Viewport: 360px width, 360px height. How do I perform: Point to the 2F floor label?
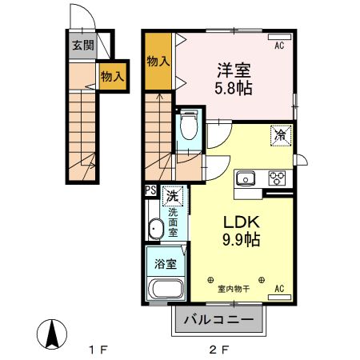[219, 349]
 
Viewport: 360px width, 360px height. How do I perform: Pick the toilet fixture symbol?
[189, 124]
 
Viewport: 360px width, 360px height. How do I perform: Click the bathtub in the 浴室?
[166, 291]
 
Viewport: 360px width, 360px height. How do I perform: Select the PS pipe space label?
[150, 190]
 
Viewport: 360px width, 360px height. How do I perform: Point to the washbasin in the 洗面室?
[157, 231]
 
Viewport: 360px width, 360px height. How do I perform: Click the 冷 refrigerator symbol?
[282, 135]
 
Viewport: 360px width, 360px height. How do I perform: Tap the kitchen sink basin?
[244, 178]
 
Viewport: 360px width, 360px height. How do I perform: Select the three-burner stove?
[278, 178]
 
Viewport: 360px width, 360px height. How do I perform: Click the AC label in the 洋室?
[279, 46]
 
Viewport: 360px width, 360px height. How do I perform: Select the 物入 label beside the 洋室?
[158, 61]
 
